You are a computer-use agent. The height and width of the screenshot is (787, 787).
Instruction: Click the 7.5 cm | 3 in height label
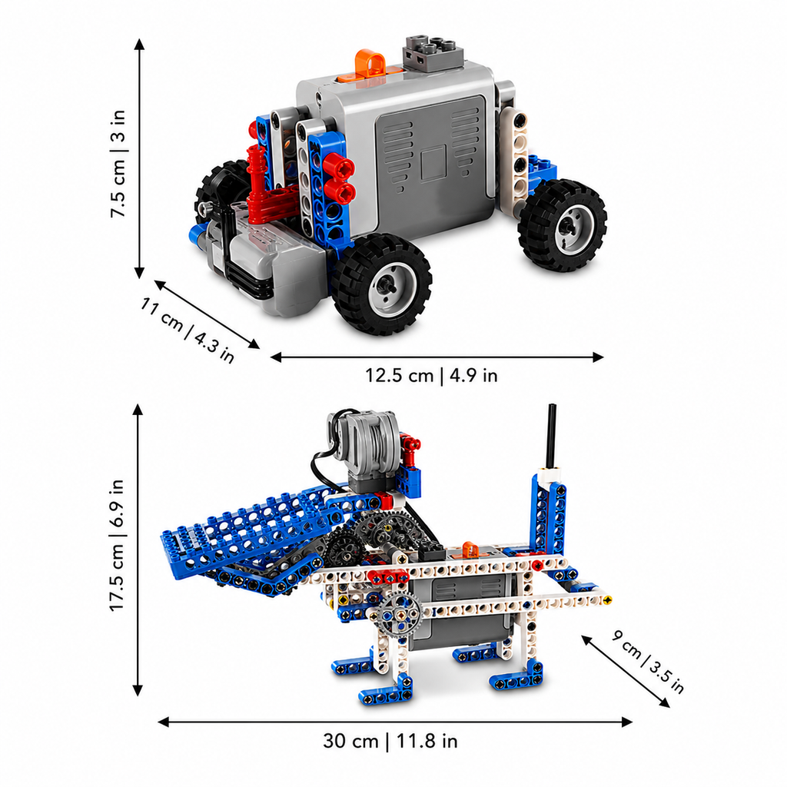click(118, 164)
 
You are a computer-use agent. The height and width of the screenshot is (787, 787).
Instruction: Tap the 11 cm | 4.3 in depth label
click(187, 330)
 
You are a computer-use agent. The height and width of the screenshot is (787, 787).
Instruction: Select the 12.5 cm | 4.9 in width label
click(431, 375)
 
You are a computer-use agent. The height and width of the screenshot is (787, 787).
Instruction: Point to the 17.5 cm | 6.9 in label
click(117, 545)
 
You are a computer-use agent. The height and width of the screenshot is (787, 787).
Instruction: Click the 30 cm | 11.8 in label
click(390, 741)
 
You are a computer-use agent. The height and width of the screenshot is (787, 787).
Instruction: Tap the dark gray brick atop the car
click(432, 53)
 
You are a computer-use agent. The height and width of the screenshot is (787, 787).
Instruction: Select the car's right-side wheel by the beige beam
click(563, 225)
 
